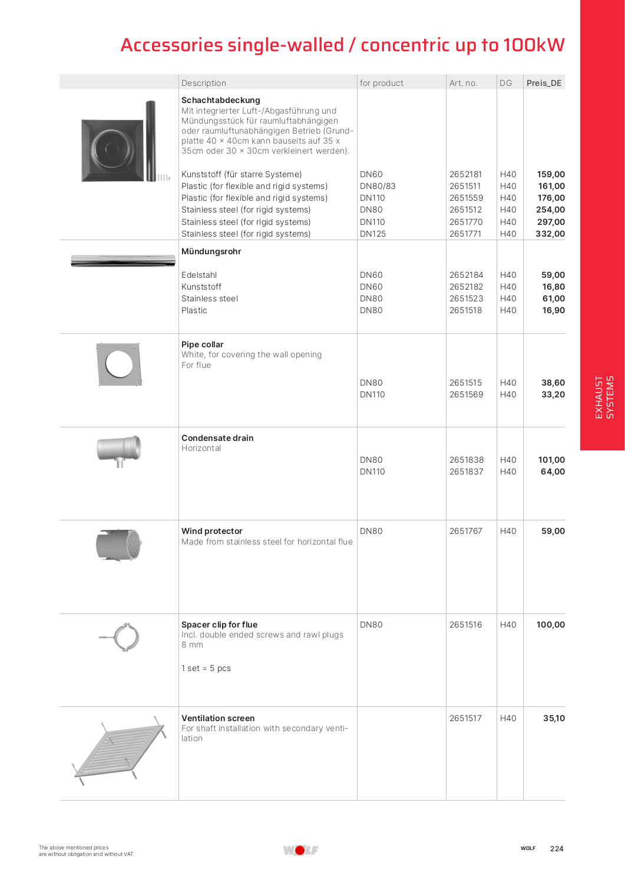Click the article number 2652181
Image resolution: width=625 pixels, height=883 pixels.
tap(465, 174)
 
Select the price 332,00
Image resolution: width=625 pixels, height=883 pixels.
tap(550, 234)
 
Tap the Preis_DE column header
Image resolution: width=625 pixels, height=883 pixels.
tap(544, 83)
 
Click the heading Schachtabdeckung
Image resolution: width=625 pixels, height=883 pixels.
tap(220, 100)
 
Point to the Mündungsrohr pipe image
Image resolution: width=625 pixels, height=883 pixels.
tap(123, 261)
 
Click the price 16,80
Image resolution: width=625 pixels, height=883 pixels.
tap(553, 287)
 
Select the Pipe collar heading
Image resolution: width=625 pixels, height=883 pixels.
tap(202, 344)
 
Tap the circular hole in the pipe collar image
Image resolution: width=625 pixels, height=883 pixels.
tap(119, 364)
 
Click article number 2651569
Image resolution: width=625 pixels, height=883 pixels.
tap(466, 394)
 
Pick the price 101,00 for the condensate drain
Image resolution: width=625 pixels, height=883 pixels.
tap(551, 460)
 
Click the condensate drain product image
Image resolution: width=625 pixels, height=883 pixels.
tap(120, 450)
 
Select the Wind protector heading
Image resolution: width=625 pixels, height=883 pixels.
tap(211, 531)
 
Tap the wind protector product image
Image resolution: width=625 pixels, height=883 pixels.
tap(119, 545)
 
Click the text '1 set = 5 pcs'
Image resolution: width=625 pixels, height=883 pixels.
tap(206, 668)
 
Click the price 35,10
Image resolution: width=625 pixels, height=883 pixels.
tap(554, 718)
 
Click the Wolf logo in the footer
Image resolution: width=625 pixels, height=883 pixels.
tap(300, 850)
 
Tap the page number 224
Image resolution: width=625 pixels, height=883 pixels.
tap(557, 849)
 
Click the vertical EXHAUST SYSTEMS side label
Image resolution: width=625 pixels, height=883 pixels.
tap(604, 397)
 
